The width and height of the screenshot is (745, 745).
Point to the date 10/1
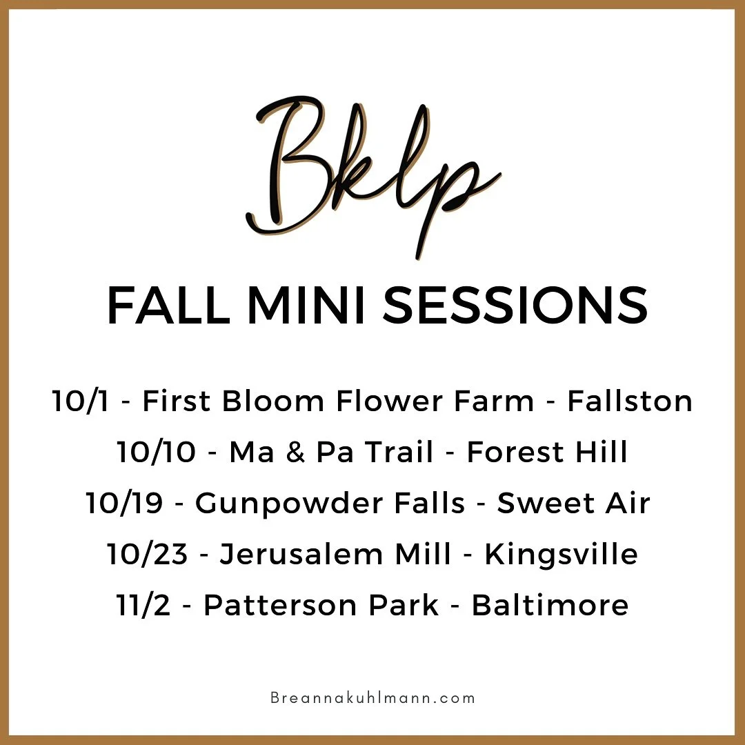tap(79, 401)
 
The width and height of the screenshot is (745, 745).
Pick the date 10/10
tap(157, 453)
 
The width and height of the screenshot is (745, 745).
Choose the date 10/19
tap(125, 504)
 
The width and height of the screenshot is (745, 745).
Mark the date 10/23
tap(147, 555)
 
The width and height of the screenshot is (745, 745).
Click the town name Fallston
tap(630, 401)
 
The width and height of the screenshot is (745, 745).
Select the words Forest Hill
tap(547, 453)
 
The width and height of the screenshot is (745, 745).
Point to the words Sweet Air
tap(573, 504)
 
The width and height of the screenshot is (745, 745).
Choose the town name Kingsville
tap(561, 555)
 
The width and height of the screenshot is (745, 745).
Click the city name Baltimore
tap(550, 606)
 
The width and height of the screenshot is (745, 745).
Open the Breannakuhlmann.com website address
tap(372, 697)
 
